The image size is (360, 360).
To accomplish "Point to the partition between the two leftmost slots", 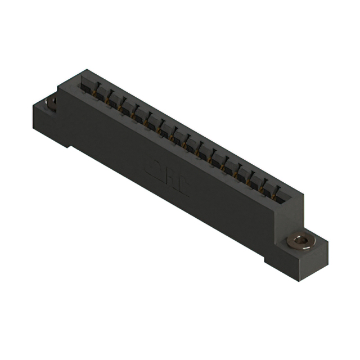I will [93, 88].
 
